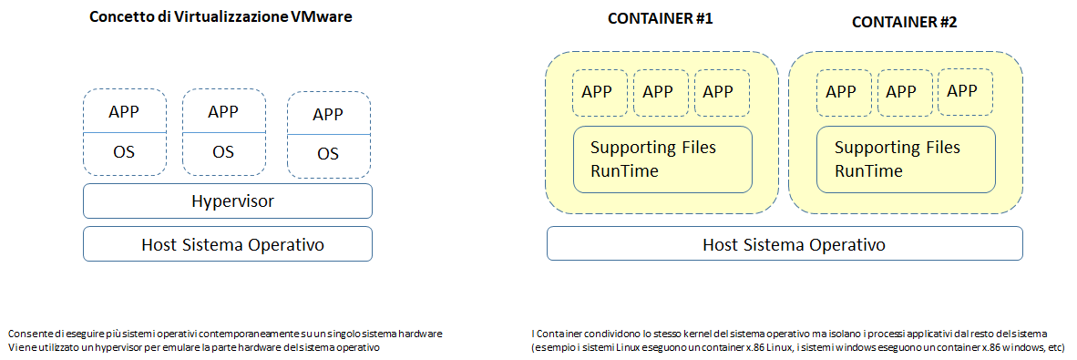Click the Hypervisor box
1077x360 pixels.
click(227, 201)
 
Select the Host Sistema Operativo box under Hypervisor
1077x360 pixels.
click(227, 244)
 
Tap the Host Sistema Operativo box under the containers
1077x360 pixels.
click(784, 244)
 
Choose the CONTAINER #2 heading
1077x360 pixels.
click(904, 21)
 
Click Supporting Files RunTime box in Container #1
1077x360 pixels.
click(662, 159)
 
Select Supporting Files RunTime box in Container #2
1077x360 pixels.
click(906, 159)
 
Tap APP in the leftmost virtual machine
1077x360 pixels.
click(125, 112)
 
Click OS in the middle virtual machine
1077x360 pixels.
click(223, 152)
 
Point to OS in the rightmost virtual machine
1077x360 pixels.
click(329, 154)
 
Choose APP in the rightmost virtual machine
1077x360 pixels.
click(329, 115)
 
